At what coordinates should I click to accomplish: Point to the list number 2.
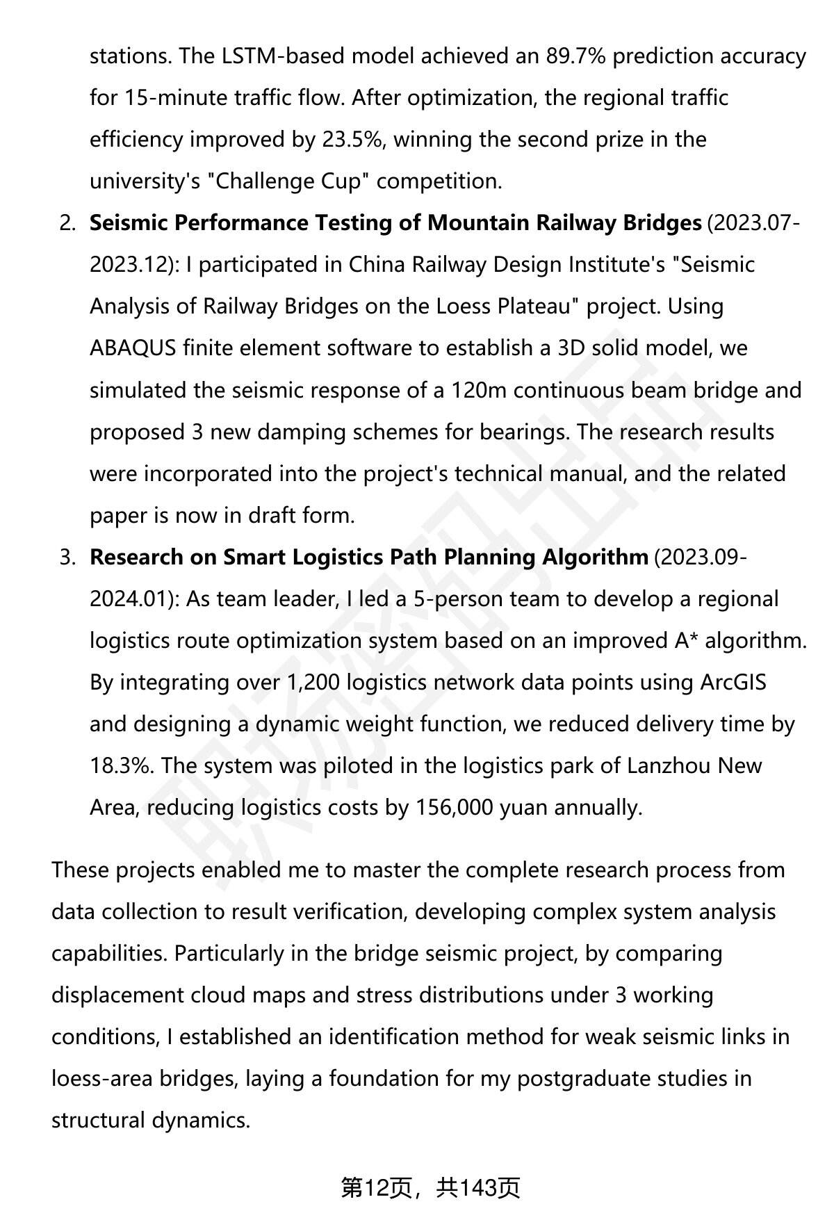[x=67, y=223]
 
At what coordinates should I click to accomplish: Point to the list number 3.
[x=67, y=557]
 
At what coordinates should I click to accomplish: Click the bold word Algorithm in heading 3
[x=595, y=557]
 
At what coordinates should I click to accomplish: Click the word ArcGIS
[x=733, y=682]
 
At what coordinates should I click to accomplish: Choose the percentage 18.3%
[x=122, y=765]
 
